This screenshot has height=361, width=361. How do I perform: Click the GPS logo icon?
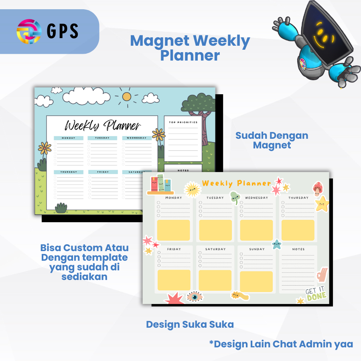tap(29, 31)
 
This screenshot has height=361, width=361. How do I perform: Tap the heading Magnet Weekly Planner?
tap(190, 48)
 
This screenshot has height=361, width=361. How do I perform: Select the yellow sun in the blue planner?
tap(127, 96)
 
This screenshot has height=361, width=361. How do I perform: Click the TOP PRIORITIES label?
tap(183, 122)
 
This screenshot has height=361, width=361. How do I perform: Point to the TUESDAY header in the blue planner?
tap(102, 138)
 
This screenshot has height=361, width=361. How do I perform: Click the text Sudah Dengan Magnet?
tap(272, 140)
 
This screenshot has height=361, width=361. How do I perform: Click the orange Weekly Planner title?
tap(237, 183)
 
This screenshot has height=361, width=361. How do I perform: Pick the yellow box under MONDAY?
tap(173, 230)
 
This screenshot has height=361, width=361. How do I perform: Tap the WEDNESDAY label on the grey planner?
tap(256, 198)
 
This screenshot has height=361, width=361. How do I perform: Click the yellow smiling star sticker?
tap(322, 204)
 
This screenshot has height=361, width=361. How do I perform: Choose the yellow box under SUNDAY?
tap(256, 281)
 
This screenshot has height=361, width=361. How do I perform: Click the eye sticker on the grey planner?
tap(195, 297)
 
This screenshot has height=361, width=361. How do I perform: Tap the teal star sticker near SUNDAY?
tap(276, 244)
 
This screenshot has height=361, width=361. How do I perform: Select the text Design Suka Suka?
tap(190, 324)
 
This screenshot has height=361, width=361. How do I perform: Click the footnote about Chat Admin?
tap(281, 344)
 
